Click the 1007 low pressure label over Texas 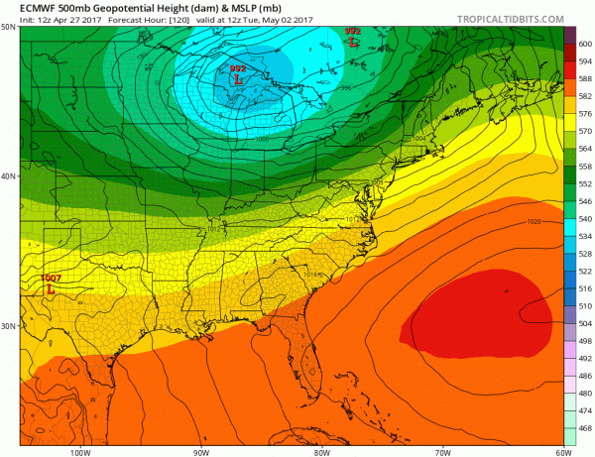[x=53, y=279]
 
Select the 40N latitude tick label [x=9, y=176]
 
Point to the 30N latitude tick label [x=9, y=326]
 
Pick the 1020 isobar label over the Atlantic [x=535, y=221]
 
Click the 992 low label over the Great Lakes [x=237, y=68]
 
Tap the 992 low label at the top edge [x=352, y=32]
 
